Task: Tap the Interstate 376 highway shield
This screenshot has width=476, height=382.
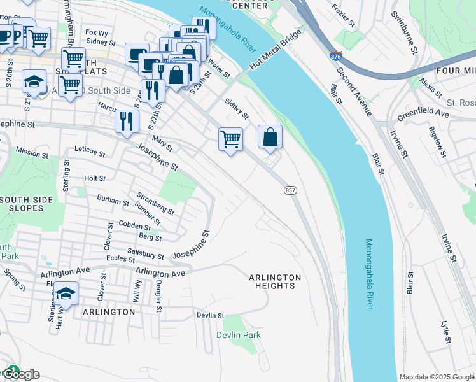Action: coord(335,57)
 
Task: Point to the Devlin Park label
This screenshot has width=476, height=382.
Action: coord(239,335)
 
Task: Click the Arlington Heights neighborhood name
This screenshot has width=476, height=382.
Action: coord(274,281)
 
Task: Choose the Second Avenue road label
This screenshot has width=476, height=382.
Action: coord(359,94)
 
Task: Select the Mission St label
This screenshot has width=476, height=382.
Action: coord(32,153)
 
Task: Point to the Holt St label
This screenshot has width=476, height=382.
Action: coord(94,179)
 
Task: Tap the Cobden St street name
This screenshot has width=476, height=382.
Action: coord(135,225)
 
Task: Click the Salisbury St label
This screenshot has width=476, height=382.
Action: coord(146,254)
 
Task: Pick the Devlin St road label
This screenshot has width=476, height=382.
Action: coord(211,315)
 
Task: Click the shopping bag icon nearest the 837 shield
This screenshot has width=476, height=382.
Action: coord(270,137)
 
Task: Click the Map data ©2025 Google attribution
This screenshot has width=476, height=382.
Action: coord(437,377)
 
